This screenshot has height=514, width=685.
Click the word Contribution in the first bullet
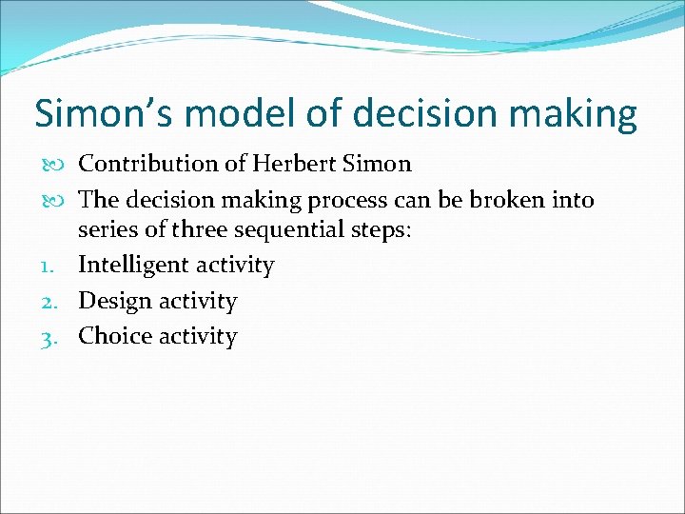(148, 164)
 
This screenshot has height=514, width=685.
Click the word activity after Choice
(199, 336)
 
